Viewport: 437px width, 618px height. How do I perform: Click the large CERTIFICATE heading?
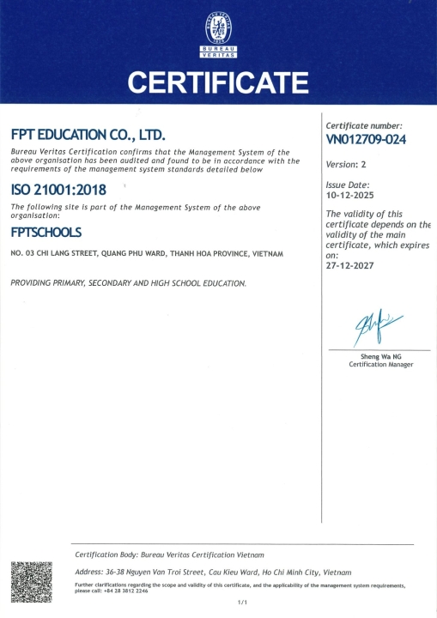(x=218, y=83)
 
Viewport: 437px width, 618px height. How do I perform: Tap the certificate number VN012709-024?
(x=366, y=139)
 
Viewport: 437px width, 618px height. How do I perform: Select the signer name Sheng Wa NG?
(x=380, y=356)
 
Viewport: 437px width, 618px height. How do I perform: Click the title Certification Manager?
(x=380, y=365)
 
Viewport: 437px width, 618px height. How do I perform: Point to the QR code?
(x=32, y=582)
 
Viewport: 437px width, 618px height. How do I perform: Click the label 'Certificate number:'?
(x=364, y=125)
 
